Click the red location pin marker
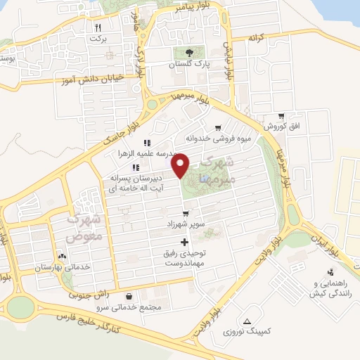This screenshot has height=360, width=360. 181,165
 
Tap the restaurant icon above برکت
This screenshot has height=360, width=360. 97,27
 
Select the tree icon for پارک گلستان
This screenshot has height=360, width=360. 188,52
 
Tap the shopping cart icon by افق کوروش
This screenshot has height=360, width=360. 281,116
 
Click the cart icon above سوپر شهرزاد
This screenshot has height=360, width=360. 185,213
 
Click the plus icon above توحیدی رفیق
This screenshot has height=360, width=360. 185,241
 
